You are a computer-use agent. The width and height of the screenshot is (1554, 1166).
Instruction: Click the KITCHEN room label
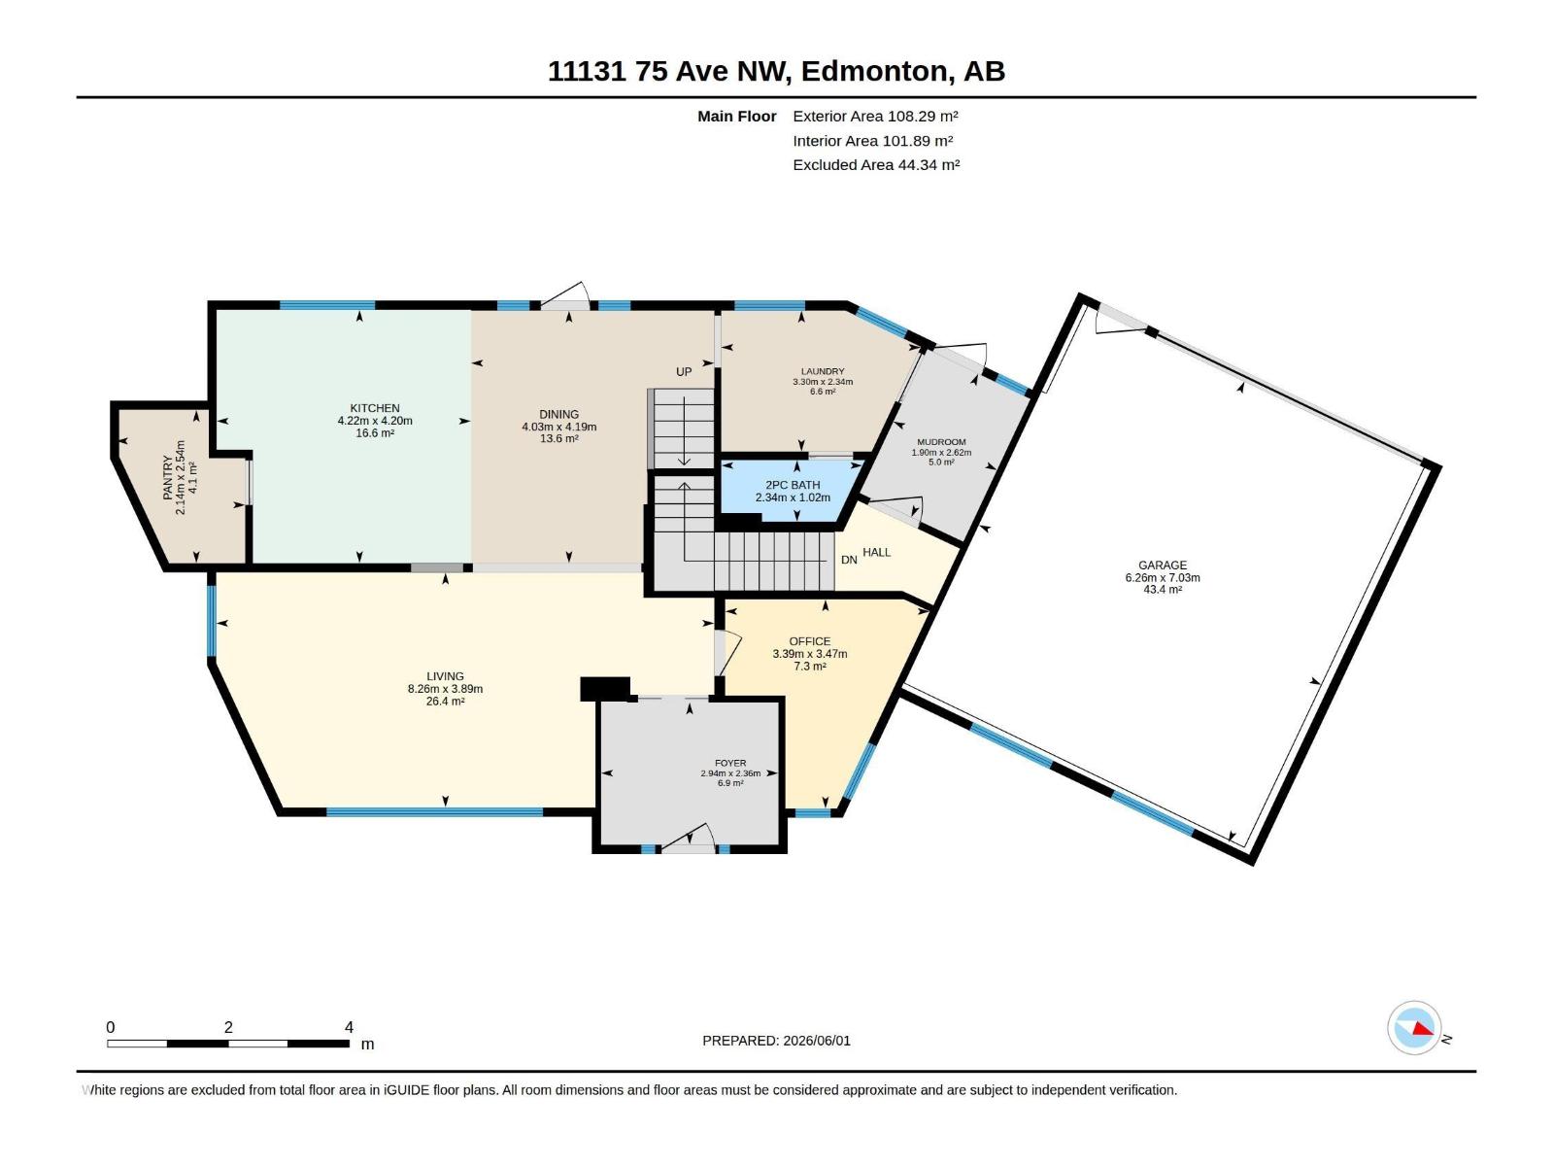tap(375, 408)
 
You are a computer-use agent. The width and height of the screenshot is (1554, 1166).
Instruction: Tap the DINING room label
tap(558, 414)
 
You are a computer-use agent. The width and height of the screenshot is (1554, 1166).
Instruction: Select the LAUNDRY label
tap(822, 371)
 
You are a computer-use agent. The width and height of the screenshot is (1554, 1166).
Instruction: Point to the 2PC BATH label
tap(793, 485)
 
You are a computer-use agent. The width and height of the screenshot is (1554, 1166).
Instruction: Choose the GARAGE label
tap(1162, 565)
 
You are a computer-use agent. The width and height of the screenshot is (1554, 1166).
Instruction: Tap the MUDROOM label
tap(941, 442)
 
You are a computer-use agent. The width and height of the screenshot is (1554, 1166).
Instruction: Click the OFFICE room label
tap(809, 641)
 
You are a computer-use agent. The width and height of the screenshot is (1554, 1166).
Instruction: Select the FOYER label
tap(730, 763)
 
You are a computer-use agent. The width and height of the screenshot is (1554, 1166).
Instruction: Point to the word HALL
tap(876, 552)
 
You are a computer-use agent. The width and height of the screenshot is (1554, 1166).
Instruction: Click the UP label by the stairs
tap(683, 372)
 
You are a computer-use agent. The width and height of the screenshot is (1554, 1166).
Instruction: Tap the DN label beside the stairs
tap(849, 560)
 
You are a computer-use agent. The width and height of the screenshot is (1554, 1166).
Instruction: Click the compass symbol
tap(1414, 1027)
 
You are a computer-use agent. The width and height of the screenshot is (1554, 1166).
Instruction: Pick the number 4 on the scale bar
tap(349, 1027)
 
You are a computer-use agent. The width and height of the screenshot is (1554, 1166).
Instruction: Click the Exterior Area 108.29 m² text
tap(876, 116)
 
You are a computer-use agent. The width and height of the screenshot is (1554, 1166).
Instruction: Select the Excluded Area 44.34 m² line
tap(876, 165)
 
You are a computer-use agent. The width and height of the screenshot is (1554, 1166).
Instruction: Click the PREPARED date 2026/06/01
tap(816, 1041)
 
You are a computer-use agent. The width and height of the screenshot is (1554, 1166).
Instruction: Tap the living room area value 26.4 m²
tap(445, 702)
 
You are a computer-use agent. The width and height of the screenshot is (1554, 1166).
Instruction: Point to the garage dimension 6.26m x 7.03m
tap(1163, 578)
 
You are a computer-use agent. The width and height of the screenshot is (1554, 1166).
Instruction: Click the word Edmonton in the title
tap(874, 72)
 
